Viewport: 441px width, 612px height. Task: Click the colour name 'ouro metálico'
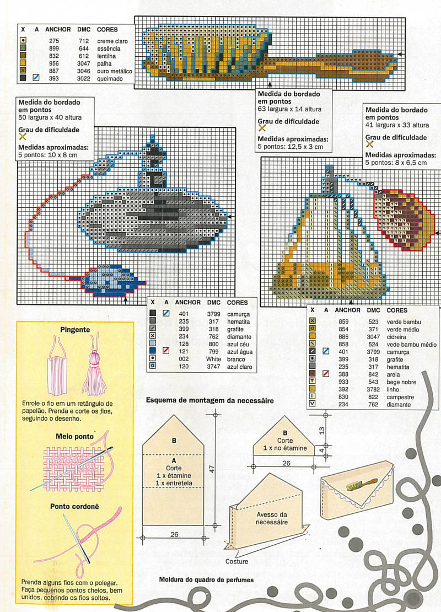point(115,71)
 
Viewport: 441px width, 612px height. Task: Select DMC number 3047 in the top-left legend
point(84,63)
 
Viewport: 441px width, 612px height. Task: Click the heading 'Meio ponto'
point(74,436)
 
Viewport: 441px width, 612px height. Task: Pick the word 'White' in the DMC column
point(214,359)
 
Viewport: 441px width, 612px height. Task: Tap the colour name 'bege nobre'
point(401,382)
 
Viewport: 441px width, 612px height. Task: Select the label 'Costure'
point(236,562)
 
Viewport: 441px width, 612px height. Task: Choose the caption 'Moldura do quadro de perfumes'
point(206,580)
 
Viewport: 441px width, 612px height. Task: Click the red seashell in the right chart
point(403,219)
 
